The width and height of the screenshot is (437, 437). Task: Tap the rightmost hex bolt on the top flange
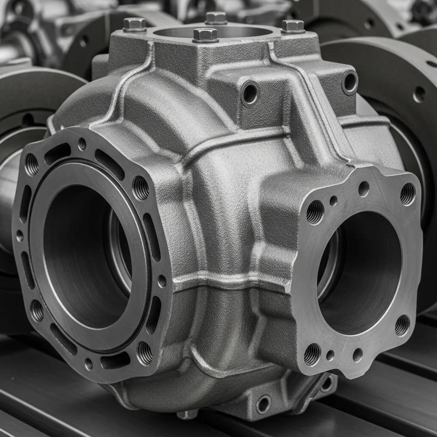pos(293,26)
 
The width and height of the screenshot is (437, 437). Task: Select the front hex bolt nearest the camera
pos(205,35)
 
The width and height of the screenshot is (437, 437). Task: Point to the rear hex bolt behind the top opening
pos(216,17)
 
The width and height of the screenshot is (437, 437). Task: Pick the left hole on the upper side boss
pos(250,93)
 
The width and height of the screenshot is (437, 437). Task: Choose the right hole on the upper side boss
pos(350,82)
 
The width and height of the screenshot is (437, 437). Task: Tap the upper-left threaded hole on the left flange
pos(32,165)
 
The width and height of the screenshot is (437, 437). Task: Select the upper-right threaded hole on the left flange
pos(141,188)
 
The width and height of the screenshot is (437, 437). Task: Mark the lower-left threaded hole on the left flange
pos(37,310)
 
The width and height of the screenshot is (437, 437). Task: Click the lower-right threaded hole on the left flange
pos(144,353)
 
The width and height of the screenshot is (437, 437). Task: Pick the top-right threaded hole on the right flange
pos(408,194)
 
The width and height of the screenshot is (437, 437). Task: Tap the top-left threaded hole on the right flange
pos(315,212)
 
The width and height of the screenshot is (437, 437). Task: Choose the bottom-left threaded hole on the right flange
pos(312,354)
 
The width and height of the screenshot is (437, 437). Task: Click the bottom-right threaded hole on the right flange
pos(402,325)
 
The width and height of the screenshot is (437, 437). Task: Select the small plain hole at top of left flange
pos(82,144)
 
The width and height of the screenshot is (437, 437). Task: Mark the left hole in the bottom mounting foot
pos(263,404)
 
